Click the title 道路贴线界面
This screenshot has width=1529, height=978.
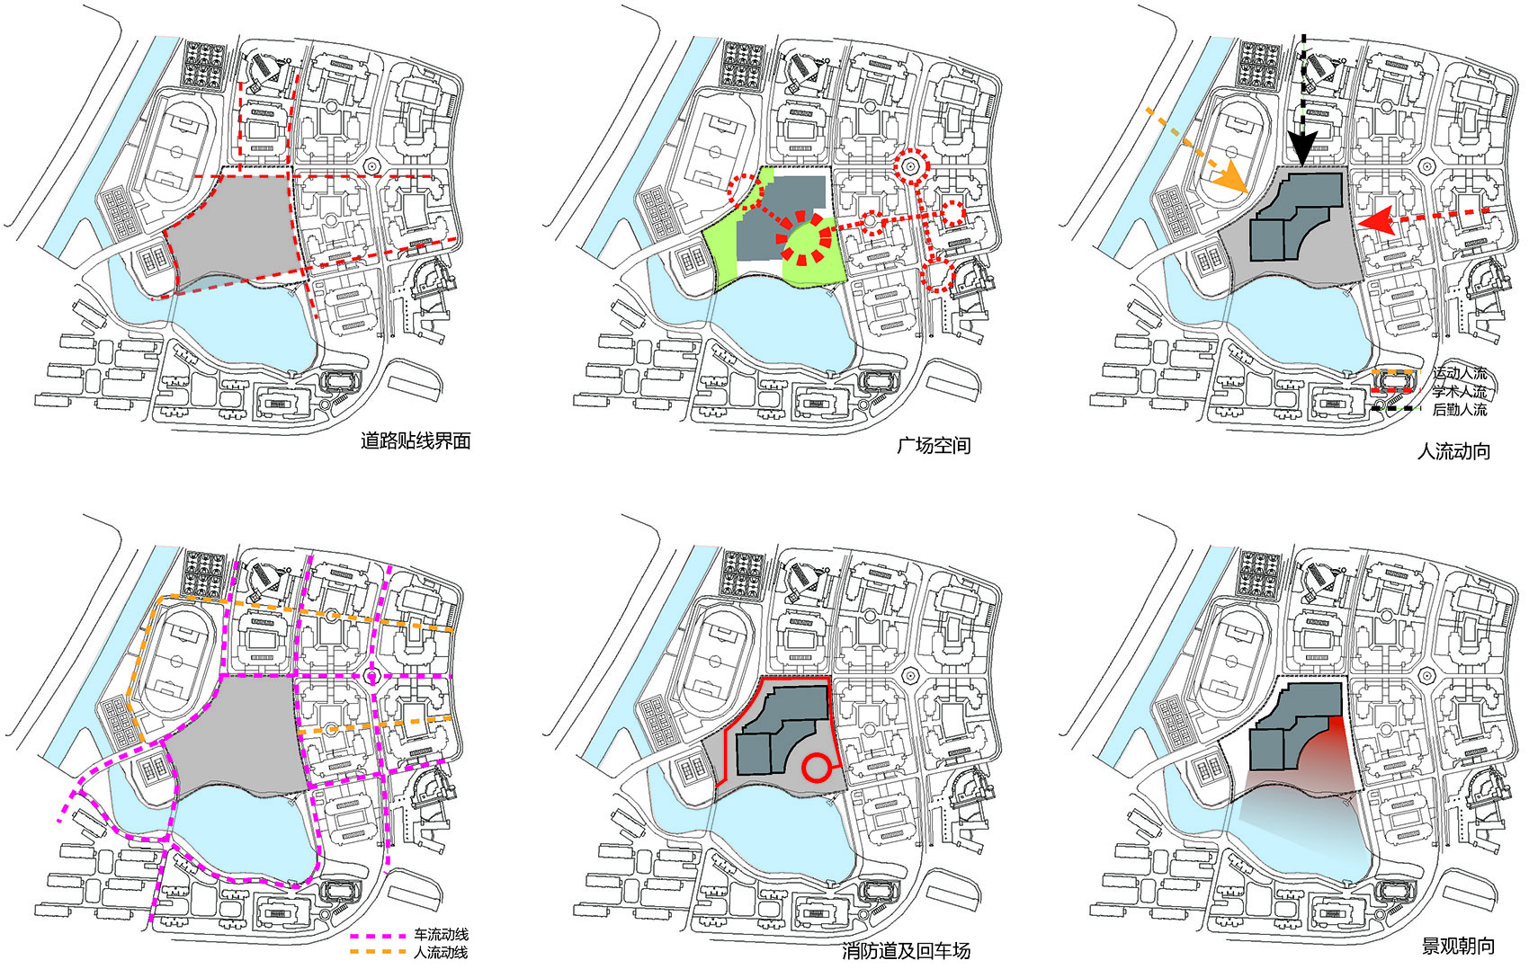(x=416, y=441)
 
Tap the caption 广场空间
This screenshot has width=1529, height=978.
(x=934, y=445)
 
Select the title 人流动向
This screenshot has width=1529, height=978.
(x=1453, y=450)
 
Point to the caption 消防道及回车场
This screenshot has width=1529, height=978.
(x=907, y=951)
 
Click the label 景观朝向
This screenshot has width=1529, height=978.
(x=1457, y=946)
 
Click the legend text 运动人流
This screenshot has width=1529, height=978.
(x=1459, y=373)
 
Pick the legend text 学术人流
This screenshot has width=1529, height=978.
(x=1459, y=392)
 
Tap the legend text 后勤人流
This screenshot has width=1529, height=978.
(x=1459, y=410)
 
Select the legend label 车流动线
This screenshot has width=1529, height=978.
(x=441, y=935)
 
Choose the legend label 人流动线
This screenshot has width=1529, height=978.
(x=441, y=952)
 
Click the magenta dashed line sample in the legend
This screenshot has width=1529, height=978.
(x=377, y=936)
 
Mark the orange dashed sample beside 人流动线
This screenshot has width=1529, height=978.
(x=377, y=952)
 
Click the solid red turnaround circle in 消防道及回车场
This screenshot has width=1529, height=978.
(x=816, y=768)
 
